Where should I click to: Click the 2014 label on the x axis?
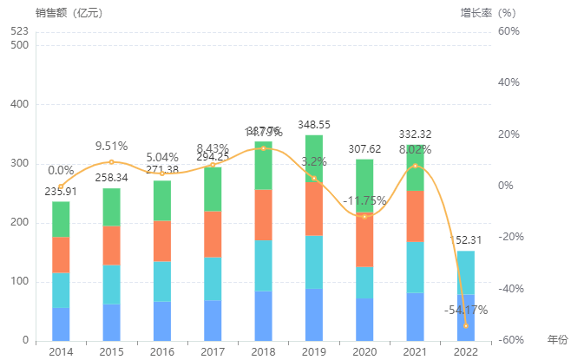pos(61,352)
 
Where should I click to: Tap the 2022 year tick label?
pos(465,352)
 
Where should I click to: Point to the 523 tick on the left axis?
pos(19,31)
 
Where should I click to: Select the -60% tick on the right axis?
pos(509,341)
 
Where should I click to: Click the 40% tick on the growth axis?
pos(509,82)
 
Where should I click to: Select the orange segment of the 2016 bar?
pos(162,241)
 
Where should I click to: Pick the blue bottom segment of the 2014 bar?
pos(61,324)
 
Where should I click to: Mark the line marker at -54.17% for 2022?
pos(465,325)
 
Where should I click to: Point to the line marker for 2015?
pos(111,162)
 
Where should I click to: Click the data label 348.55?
pos(313,125)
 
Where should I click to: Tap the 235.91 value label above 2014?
pos(61,192)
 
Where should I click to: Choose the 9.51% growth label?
pos(111,146)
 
